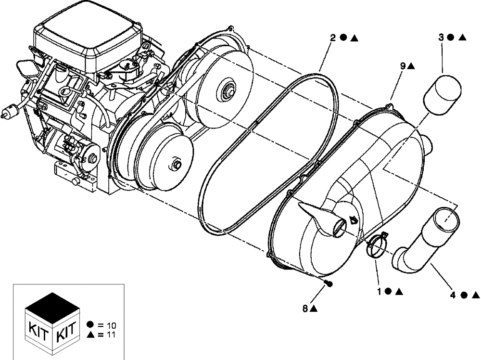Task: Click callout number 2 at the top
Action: tap(332, 38)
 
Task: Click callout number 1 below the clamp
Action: tap(380, 291)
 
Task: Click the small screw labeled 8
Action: tap(329, 283)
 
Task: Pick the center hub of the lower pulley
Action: tap(177, 166)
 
